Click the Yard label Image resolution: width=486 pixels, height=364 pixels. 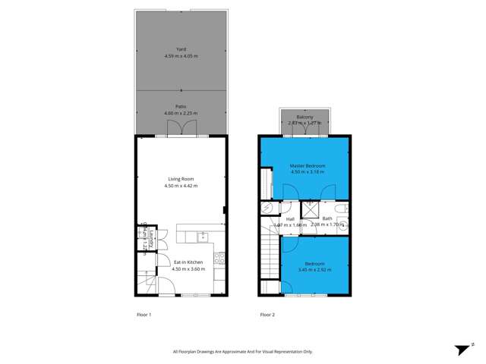[181, 49]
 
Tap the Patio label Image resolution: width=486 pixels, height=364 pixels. [181, 107]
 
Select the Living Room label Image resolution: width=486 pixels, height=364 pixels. [181, 179]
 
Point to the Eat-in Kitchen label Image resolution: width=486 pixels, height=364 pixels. [181, 262]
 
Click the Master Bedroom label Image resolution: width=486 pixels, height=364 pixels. [308, 165]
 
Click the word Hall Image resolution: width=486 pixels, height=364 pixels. [290, 219]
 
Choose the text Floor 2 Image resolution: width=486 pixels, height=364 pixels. [267, 314]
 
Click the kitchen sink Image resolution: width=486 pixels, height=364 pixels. [202, 237]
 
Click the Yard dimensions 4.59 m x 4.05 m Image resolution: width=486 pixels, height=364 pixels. [181, 55]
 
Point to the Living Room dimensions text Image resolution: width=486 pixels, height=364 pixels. [181, 185]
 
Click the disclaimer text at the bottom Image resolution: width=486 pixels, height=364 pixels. [242, 351]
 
